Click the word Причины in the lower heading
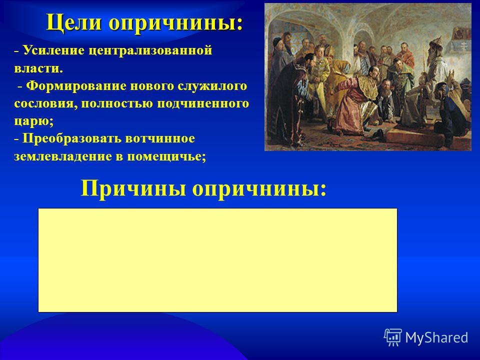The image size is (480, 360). coord(133,188)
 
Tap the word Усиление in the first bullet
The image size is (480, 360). coord(53,50)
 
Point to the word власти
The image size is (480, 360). coord(38,68)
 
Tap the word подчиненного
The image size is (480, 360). coord(203,104)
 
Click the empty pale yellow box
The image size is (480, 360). coord(217,260)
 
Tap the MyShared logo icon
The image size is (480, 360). coord(393,337)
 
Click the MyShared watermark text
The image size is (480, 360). coord(436,337)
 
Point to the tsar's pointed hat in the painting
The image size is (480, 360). coord(436,42)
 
